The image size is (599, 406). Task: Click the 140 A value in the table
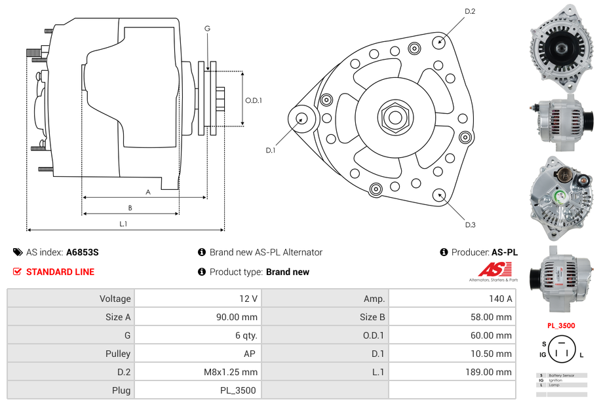tap(501, 299)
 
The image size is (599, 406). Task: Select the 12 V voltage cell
tap(248, 299)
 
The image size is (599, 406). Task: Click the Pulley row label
tap(119, 354)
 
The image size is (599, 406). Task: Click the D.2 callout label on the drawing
tap(470, 12)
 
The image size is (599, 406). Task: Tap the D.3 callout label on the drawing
tap(470, 225)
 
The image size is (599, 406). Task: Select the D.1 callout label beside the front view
tap(271, 151)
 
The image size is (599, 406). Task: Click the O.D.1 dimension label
tap(254, 100)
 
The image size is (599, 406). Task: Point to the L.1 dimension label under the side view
tap(123, 224)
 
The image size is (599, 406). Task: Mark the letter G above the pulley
tap(207, 28)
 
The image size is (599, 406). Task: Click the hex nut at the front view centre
tap(395, 117)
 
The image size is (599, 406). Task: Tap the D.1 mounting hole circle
tap(303, 119)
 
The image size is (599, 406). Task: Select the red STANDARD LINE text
tap(60, 272)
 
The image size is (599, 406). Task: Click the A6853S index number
tap(83, 252)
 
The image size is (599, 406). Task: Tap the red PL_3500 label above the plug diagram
tap(561, 325)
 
